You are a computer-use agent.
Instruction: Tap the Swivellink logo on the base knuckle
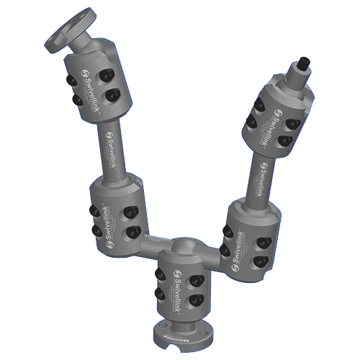tap(172, 284)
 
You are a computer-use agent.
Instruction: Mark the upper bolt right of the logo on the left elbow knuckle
tap(130, 212)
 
